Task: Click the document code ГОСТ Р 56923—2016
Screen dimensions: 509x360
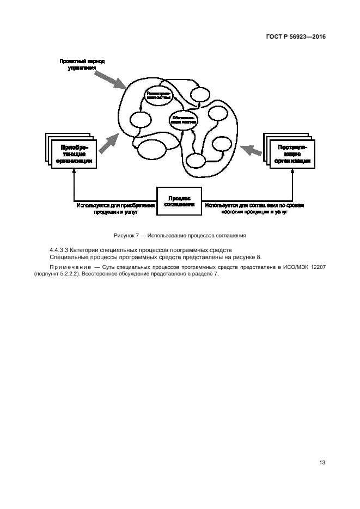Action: pyautogui.click(x=292, y=38)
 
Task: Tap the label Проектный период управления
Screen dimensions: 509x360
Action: pyautogui.click(x=82, y=64)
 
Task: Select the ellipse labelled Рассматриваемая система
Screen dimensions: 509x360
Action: pyautogui.click(x=158, y=96)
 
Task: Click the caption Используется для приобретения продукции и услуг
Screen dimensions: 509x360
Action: pyautogui.click(x=115, y=209)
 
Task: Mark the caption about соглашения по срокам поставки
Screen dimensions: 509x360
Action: pyautogui.click(x=255, y=209)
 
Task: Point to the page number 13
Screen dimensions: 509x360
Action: pyautogui.click(x=322, y=462)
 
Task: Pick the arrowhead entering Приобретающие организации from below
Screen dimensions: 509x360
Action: pyautogui.click(x=73, y=171)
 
